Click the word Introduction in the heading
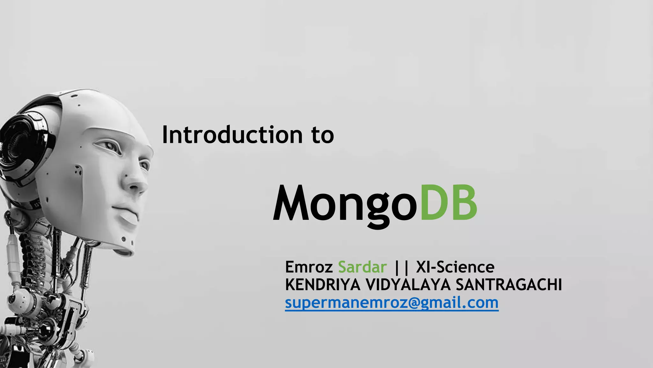[x=232, y=135]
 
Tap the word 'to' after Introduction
[x=323, y=135]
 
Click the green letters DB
[x=448, y=203]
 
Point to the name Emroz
[x=309, y=267]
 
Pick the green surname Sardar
[x=362, y=267]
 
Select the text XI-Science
[x=455, y=267]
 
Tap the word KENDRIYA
[x=322, y=285]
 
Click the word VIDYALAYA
[x=408, y=285]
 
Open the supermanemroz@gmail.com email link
[x=392, y=303]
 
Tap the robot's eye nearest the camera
[x=110, y=147]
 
